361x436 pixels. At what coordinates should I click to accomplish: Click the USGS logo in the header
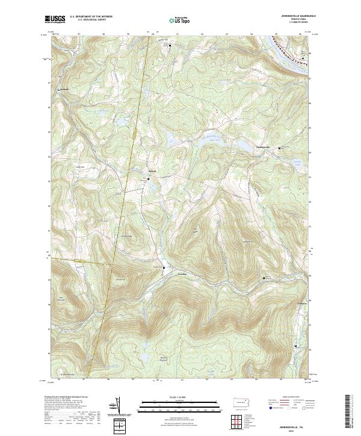[x=55, y=19]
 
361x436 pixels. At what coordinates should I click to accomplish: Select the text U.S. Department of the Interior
[x=91, y=16]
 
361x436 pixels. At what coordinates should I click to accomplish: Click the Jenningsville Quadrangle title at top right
[x=298, y=16]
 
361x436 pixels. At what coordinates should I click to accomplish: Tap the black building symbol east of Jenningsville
[x=279, y=148]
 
